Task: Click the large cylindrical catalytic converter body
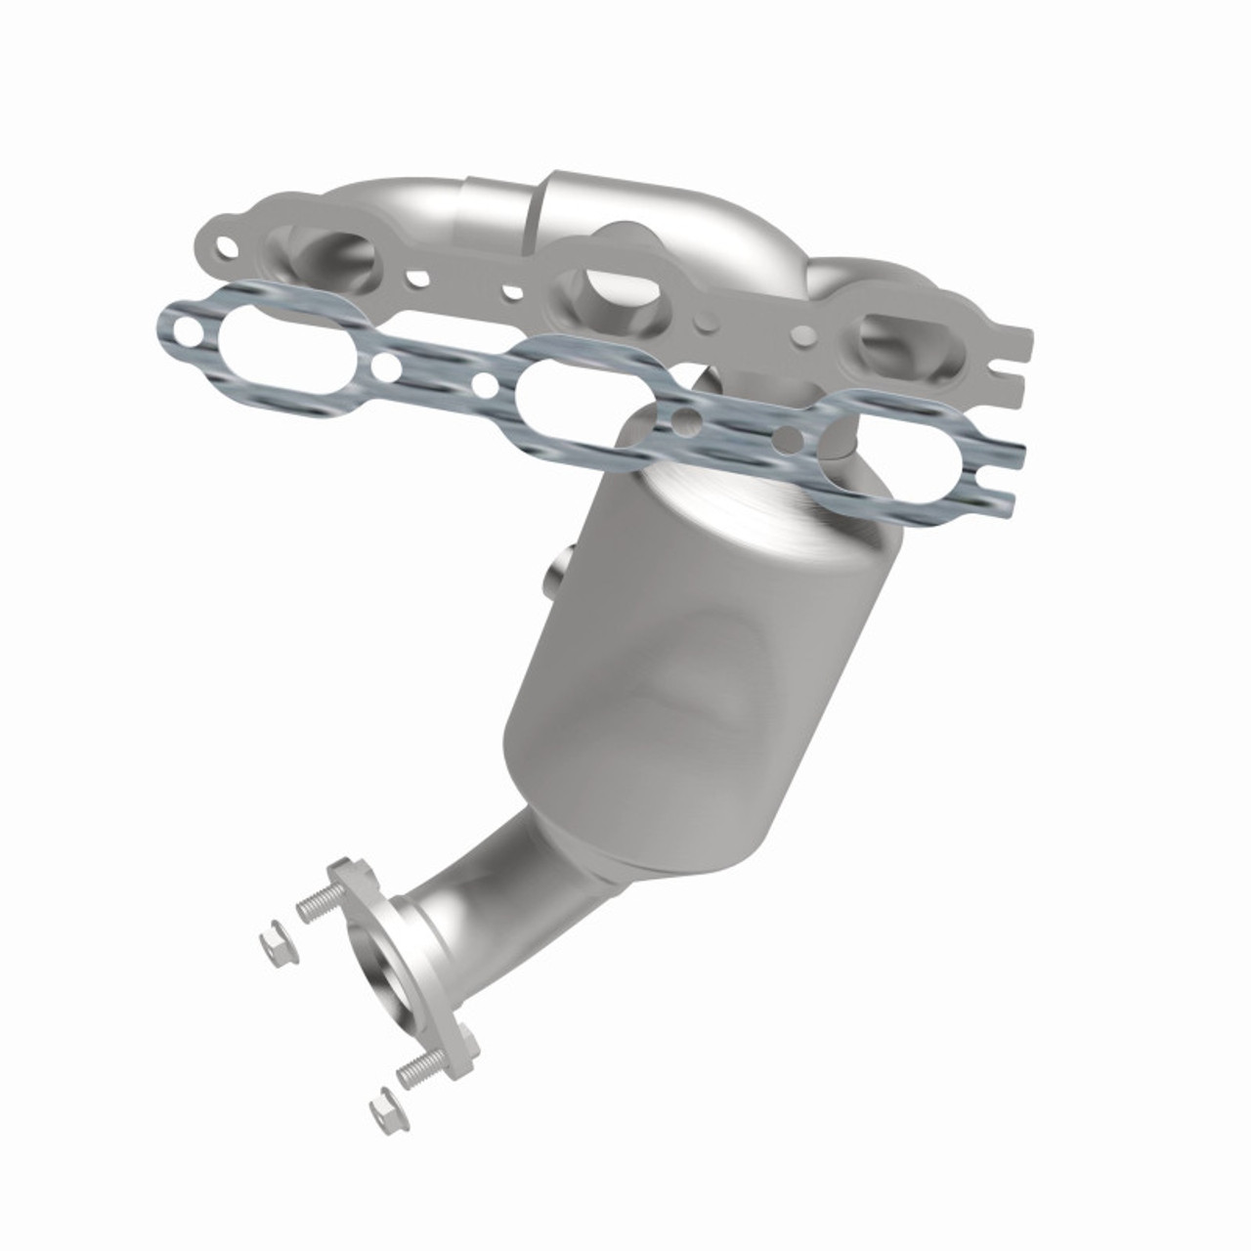(x=704, y=665)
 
